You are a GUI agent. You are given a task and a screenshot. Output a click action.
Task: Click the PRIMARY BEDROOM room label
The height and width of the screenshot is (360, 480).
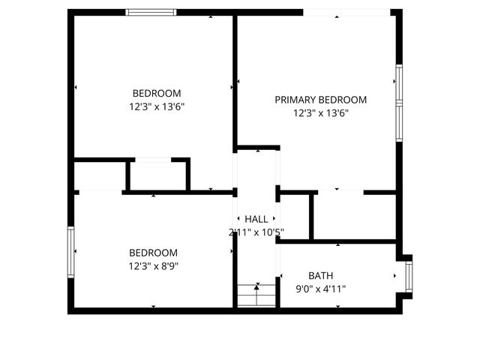coord(320,100)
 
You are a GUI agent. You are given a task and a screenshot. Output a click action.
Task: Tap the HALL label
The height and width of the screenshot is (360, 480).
coord(256,219)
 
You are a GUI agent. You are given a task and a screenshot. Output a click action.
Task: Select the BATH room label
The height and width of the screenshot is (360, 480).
coord(320,275)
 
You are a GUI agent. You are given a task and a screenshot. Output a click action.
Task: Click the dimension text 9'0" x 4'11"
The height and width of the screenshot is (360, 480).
coord(320,289)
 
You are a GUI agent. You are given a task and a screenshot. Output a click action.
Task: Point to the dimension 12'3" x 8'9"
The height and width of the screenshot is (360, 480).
coord(153,265)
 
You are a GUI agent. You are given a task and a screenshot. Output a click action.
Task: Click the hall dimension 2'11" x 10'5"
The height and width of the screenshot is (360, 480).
coord(256,232)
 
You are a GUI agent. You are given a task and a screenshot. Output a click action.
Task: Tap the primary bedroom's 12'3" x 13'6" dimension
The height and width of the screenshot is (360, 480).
coord(320,113)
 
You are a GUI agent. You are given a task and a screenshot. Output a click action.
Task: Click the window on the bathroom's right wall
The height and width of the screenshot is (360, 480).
coord(409,275)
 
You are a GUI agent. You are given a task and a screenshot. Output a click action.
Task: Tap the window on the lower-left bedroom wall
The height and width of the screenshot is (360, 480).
coord(72,253)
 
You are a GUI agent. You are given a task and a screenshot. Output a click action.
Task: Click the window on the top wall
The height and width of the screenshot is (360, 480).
coord(151,12)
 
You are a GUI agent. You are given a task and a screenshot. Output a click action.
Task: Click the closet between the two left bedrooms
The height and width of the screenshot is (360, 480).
coord(157,175)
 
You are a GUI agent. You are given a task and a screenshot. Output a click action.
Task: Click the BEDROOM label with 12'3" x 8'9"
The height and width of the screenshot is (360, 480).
coord(153,253)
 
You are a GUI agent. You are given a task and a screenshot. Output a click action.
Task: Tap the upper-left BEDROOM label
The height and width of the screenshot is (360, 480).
coord(157,93)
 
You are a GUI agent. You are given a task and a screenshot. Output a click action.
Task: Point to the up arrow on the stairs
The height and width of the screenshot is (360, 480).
coord(256,286)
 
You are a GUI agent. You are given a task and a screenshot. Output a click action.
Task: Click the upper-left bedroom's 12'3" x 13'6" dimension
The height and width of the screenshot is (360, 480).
coord(157,106)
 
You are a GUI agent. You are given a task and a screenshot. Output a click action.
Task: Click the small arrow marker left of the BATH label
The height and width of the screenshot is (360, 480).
coord(280,276)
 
